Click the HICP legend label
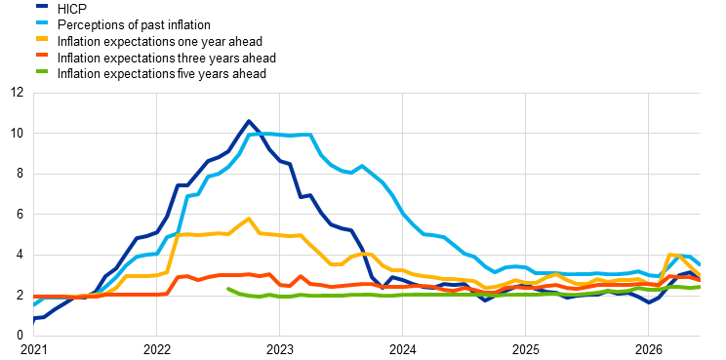pyautogui.click(x=72, y=9)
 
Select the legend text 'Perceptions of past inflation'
pyautogui.click(x=134, y=25)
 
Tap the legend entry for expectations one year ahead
pyautogui.click(x=160, y=41)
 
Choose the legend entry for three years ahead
pyautogui.click(x=167, y=58)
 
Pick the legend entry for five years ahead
pyautogui.click(x=162, y=73)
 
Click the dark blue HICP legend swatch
pyautogui.click(x=43, y=7)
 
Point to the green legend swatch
pyautogui.click(x=43, y=71)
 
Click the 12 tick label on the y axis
pyautogui.click(x=18, y=93)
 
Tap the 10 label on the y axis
pyautogui.click(x=18, y=134)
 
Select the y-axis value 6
pyautogui.click(x=20, y=215)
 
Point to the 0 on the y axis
pyautogui.click(x=20, y=336)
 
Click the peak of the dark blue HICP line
pyautogui.click(x=249, y=121)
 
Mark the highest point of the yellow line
pyautogui.click(x=249, y=219)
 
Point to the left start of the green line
pyautogui.click(x=227, y=289)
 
